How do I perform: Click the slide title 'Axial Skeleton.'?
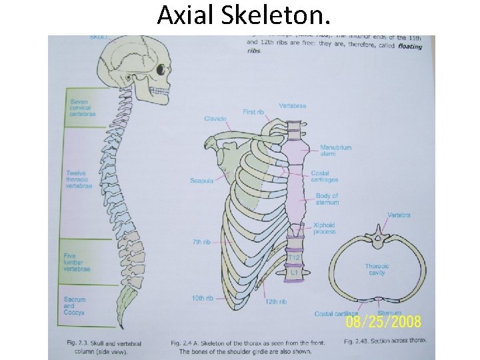click(243, 15)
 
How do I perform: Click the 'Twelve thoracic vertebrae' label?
click(79, 179)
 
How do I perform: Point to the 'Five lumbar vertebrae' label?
click(77, 262)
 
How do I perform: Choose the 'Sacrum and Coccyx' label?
click(75, 306)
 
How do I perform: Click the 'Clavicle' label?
click(215, 119)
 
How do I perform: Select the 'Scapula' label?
click(201, 180)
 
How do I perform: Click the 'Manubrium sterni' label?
click(335, 151)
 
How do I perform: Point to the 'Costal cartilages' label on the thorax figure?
click(325, 177)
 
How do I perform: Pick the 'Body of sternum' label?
click(327, 199)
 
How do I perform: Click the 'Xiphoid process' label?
click(325, 229)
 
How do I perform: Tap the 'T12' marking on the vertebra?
click(294, 257)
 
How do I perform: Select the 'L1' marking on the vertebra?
click(294, 272)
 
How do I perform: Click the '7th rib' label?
click(202, 241)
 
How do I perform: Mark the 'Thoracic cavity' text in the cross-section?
click(377, 269)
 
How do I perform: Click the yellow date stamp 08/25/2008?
click(383, 322)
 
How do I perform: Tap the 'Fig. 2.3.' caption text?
click(78, 342)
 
